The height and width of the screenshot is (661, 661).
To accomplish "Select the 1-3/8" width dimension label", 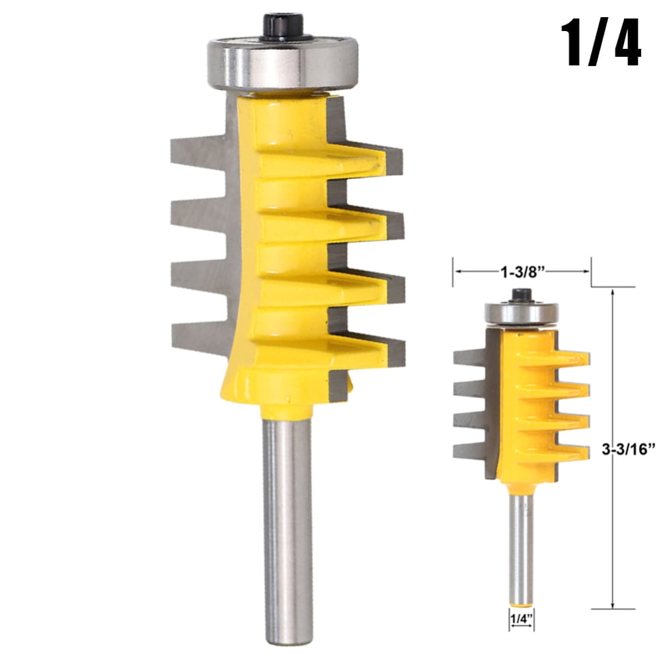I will pos(522,270).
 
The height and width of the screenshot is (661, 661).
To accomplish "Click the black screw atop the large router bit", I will pos(282,26).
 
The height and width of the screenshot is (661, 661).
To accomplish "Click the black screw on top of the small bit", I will pos(522,295).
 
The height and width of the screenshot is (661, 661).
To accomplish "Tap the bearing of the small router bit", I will pos(522,313).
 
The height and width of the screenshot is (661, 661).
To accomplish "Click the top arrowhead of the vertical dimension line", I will pos(614,291).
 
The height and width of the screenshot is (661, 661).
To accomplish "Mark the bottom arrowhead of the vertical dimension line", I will pos(614,605).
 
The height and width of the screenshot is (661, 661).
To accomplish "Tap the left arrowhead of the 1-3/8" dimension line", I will pos(456,270).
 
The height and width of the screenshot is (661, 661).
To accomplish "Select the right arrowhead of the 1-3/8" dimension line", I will pos(586,270).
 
